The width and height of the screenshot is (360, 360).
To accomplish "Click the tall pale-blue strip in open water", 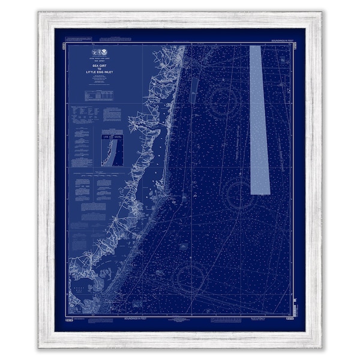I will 259,120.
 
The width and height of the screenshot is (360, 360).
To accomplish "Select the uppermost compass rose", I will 224,100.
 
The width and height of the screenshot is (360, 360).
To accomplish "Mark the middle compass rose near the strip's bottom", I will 242,194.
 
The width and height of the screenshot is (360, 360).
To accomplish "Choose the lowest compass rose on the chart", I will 191,278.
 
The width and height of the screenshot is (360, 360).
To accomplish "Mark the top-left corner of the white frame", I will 40,13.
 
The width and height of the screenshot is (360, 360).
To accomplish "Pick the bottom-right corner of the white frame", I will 321,347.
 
